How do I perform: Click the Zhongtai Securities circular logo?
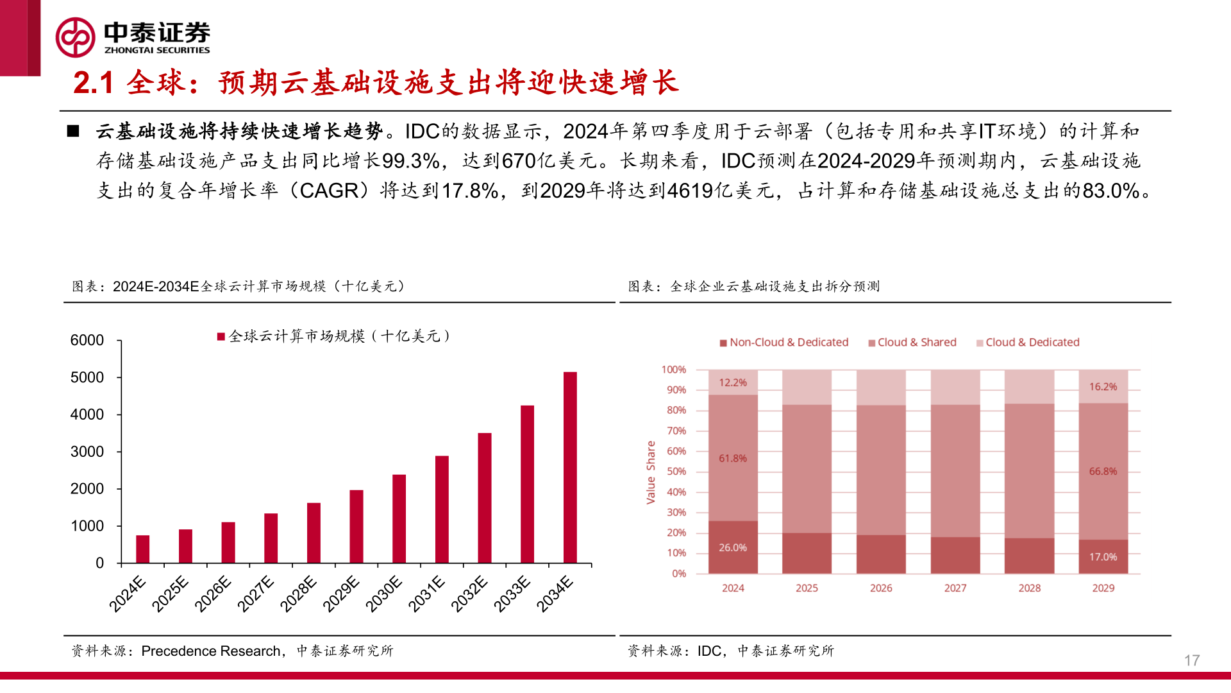pos(75,37)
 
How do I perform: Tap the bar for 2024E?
pos(143,549)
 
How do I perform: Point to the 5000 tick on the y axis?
pos(87,377)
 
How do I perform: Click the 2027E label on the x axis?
pos(256,594)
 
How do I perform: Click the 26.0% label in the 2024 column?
pos(732,547)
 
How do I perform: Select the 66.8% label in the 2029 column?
pos(1103,471)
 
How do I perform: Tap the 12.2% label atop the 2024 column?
pos(732,382)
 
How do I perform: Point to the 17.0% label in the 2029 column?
pos(1103,557)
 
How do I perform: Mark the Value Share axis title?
pos(651,472)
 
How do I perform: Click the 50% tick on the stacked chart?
pos(676,472)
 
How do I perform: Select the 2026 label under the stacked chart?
pos(881,588)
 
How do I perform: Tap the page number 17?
pos(1191,660)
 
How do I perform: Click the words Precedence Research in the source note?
pos(210,651)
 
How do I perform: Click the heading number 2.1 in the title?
pos(94,83)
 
